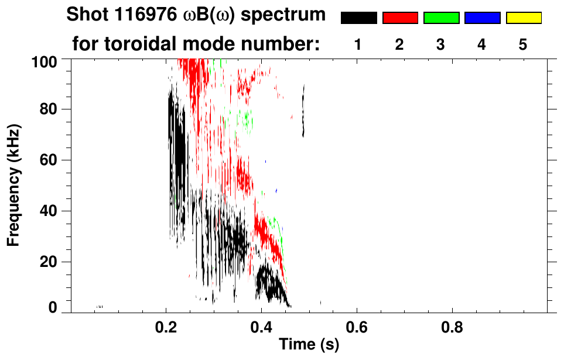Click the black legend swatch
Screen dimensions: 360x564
tap(359, 18)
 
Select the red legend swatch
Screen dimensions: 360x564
tap(400, 18)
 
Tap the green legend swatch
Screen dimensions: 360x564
tap(441, 18)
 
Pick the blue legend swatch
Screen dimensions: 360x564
tap(482, 18)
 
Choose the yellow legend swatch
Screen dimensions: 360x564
tap(524, 18)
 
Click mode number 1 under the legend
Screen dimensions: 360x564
tap(358, 44)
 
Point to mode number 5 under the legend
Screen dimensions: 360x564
tap(523, 44)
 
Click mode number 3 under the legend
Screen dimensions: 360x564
tap(440, 44)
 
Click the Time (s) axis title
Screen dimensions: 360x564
tap(308, 345)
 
